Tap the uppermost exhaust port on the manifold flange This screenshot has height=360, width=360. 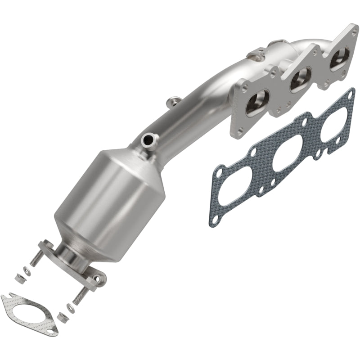(x=337, y=58)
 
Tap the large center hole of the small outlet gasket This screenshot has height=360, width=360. (x=28, y=314)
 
